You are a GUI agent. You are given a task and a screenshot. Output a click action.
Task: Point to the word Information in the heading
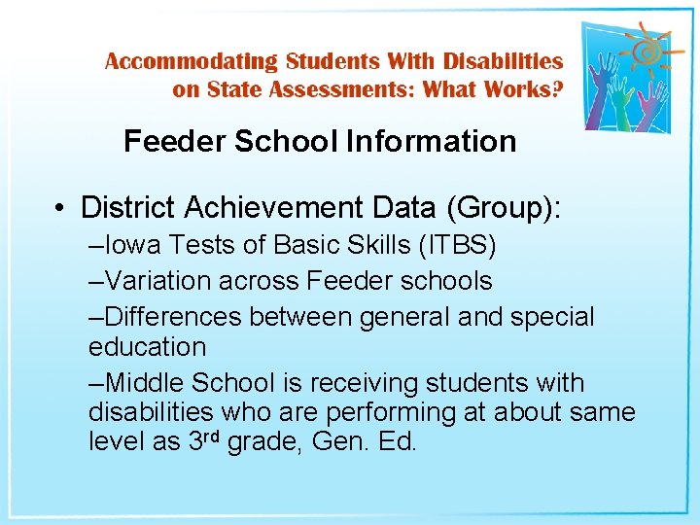pos(431,141)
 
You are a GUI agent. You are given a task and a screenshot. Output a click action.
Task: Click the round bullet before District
pos(60,208)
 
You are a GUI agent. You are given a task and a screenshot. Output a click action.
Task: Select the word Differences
pos(174,316)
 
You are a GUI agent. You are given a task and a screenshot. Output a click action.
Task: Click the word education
pos(147,347)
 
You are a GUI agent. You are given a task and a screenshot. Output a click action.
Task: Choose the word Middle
pos(149,382)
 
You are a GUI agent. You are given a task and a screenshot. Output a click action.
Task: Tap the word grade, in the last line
pos(265,442)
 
